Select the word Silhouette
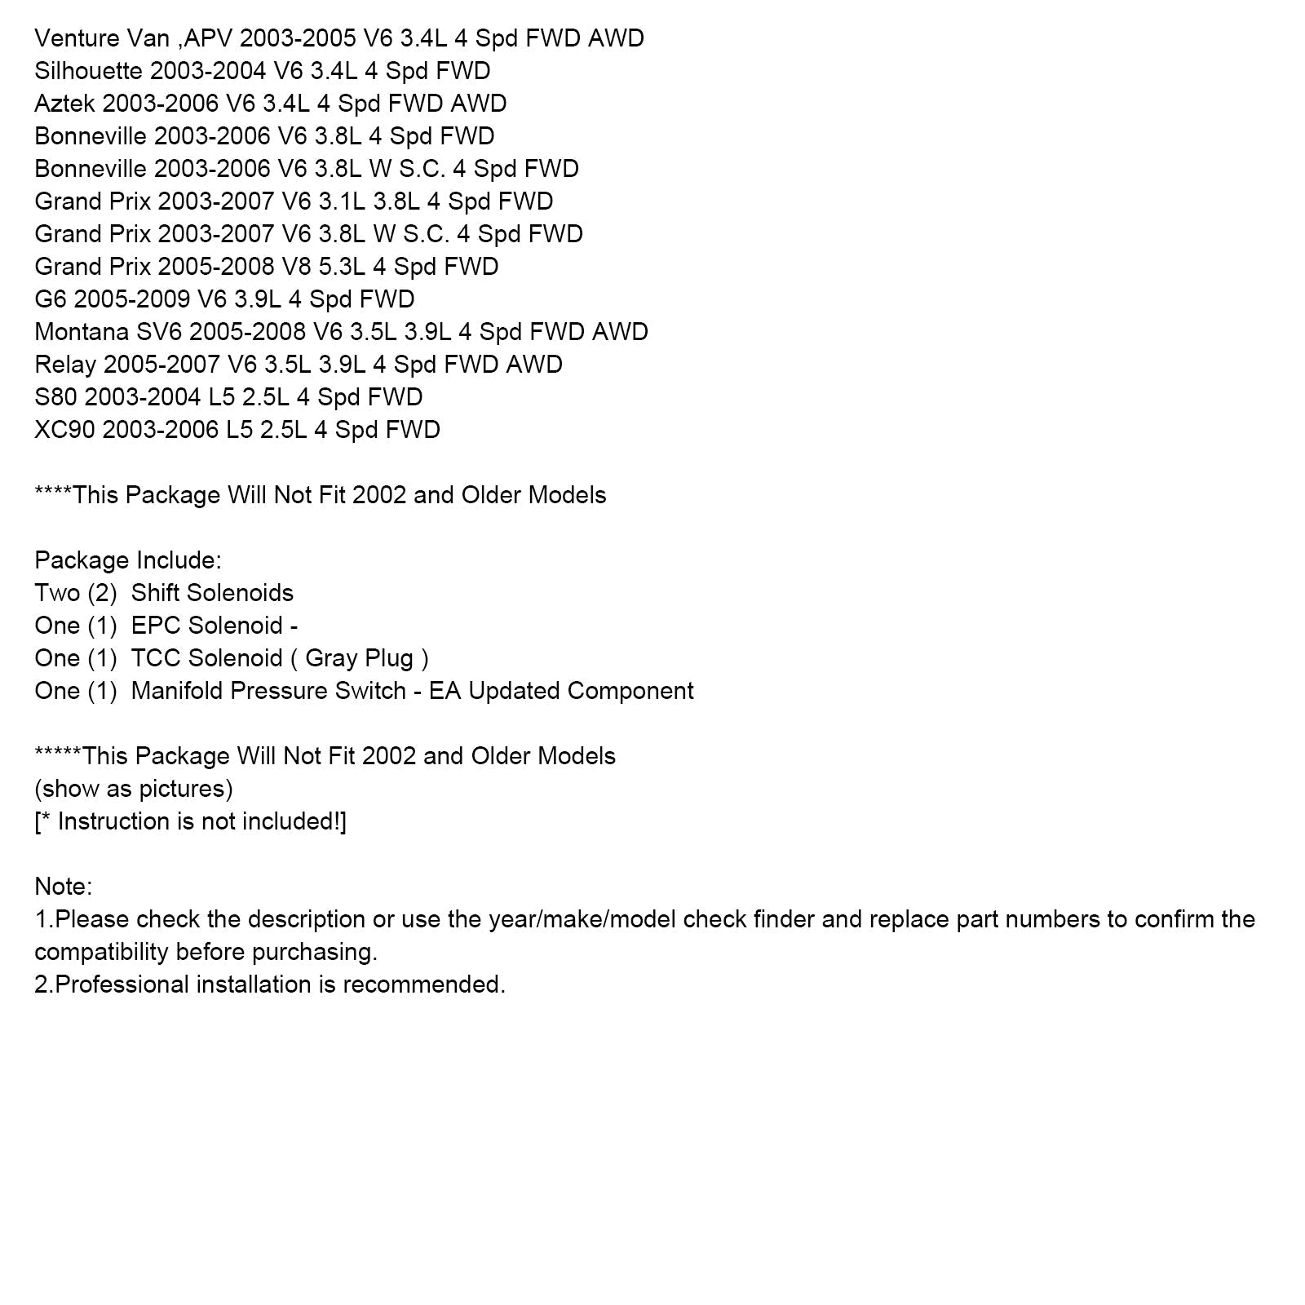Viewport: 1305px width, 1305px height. (88, 71)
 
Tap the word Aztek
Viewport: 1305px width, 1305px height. (65, 104)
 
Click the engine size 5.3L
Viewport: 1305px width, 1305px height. (343, 267)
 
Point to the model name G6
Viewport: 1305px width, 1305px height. (51, 299)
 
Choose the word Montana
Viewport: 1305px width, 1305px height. (82, 332)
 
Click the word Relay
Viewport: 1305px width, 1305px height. (65, 365)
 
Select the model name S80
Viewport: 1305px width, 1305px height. (55, 397)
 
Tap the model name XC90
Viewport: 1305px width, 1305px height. (64, 430)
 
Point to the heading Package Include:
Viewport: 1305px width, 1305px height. (128, 560)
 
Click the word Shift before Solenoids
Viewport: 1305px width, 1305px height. (157, 593)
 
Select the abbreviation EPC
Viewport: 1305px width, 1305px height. (156, 626)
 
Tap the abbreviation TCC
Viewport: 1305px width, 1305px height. (156, 658)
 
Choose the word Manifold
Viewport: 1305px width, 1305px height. (177, 691)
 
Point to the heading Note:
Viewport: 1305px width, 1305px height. (64, 887)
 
